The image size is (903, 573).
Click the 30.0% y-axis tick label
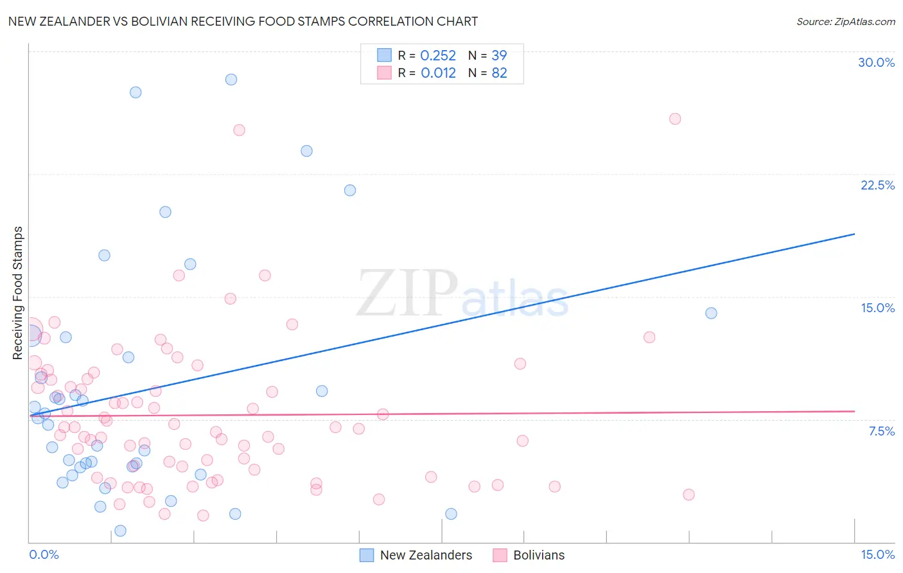coord(876,62)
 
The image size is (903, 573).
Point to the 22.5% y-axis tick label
coord(877,185)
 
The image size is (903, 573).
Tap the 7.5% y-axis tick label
coord(881,431)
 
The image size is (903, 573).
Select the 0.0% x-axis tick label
coord(44,554)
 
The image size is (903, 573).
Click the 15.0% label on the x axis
coord(877,554)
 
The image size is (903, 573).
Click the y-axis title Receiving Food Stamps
coord(17,293)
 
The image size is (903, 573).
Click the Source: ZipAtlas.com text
coord(845,21)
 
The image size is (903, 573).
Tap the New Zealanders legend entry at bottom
coord(425,555)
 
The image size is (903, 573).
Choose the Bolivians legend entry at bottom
coord(538,555)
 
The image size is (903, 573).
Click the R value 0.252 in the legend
coord(437,56)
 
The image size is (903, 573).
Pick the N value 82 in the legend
coord(499,73)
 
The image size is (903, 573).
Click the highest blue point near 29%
coord(231,80)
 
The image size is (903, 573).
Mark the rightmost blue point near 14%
coord(711,313)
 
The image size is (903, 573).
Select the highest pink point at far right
coord(675,119)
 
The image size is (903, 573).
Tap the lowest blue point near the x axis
coord(120,531)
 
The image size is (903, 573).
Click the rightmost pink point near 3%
coord(688,495)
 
